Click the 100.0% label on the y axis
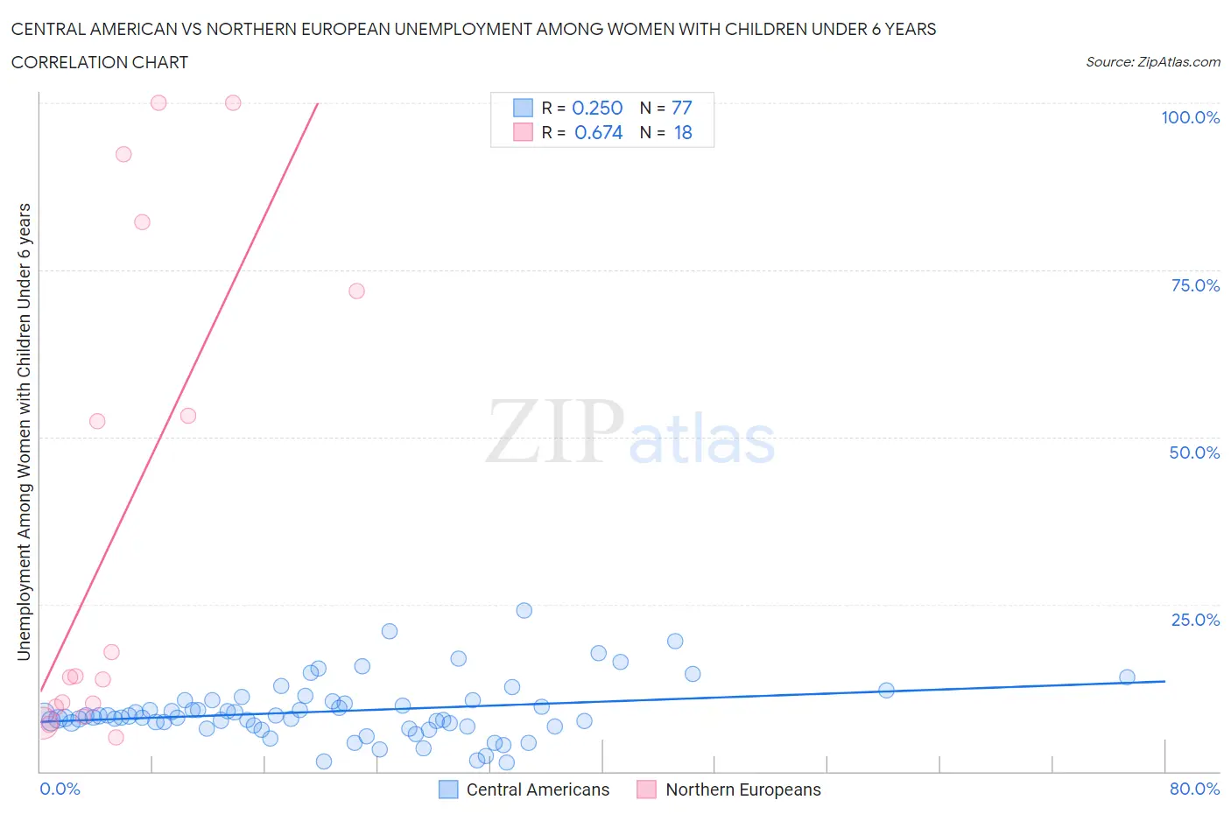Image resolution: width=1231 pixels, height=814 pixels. pyautogui.click(x=1190, y=117)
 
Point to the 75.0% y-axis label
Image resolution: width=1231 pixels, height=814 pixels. pyautogui.click(x=1195, y=285)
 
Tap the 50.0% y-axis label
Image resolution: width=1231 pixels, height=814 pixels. pyautogui.click(x=1194, y=453)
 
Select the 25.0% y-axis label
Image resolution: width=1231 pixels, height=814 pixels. pyautogui.click(x=1195, y=620)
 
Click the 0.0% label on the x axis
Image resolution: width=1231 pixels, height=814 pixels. pyautogui.click(x=60, y=789)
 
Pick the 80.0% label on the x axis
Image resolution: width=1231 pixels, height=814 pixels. pyautogui.click(x=1194, y=789)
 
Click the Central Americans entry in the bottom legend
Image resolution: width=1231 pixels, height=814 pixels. pyautogui.click(x=537, y=789)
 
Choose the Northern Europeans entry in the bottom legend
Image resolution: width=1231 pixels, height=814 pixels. pyautogui.click(x=742, y=789)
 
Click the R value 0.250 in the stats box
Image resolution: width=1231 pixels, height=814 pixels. pyautogui.click(x=597, y=108)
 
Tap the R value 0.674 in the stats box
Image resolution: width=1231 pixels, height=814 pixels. pyautogui.click(x=598, y=132)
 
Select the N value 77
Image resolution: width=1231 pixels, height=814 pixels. pyautogui.click(x=681, y=108)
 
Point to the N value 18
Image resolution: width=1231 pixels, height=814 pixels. pyautogui.click(x=682, y=132)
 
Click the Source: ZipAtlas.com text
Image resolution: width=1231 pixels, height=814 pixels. pyautogui.click(x=1152, y=61)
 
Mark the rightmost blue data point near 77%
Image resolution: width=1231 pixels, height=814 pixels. pyautogui.click(x=1127, y=677)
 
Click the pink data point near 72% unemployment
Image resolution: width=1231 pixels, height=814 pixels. pyautogui.click(x=356, y=291)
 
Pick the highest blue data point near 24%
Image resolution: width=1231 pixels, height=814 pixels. pyautogui.click(x=524, y=610)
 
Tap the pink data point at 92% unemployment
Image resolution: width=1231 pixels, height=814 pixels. pyautogui.click(x=123, y=154)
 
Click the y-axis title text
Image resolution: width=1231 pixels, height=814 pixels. pyautogui.click(x=24, y=432)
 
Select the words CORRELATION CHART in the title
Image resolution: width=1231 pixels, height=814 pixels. pyautogui.click(x=99, y=62)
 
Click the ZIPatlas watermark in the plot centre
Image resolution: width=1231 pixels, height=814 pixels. pyautogui.click(x=630, y=432)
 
